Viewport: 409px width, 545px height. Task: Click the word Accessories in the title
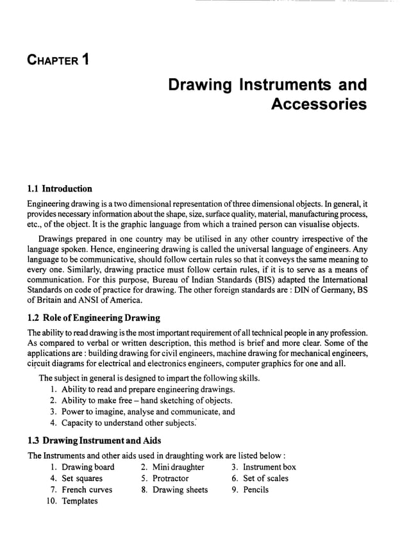point(319,104)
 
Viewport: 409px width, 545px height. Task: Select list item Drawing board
point(88,467)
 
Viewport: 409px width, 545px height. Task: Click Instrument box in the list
point(269,467)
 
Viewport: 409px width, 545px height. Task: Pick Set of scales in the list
point(265,478)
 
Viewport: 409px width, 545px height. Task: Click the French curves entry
point(87,490)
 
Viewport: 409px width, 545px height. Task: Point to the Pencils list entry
point(256,490)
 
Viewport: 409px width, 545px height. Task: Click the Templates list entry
point(79,501)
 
